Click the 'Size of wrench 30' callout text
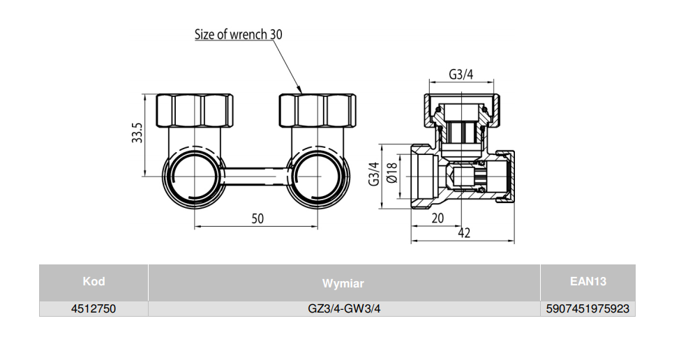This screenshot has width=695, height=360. [239, 34]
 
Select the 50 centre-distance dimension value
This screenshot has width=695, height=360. [257, 218]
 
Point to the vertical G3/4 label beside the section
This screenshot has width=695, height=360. [374, 174]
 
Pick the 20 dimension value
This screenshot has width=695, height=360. [438, 218]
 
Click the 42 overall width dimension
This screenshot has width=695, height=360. [463, 233]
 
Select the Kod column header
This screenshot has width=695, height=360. [94, 282]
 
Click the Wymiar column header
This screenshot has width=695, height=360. [343, 283]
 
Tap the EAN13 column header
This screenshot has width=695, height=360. [588, 282]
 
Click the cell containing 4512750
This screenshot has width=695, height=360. [94, 308]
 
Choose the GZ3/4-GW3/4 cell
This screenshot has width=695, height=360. [343, 308]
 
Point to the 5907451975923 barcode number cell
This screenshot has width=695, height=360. [588, 308]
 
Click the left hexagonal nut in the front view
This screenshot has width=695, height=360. [195, 110]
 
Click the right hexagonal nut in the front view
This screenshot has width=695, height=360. [317, 110]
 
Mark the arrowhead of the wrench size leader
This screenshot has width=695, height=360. [300, 91]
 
